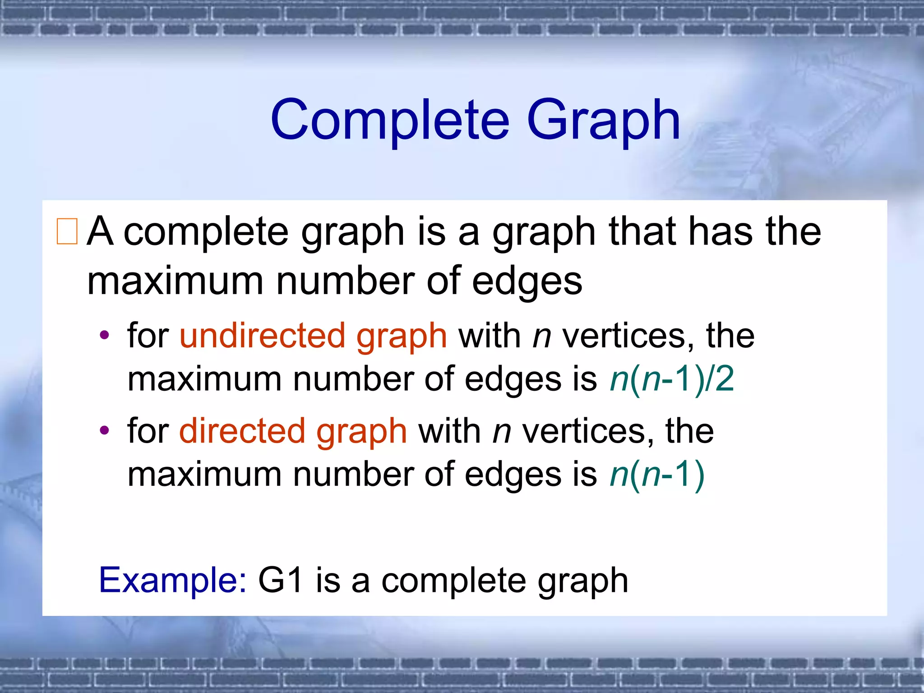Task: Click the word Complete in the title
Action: coord(390,120)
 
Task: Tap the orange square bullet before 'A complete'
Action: coord(67,231)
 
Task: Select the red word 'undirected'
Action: coord(262,336)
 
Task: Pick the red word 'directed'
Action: coord(242,431)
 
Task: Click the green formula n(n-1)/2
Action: coord(672,379)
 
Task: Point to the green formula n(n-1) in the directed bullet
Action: coord(657,475)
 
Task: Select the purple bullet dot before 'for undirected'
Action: coord(105,335)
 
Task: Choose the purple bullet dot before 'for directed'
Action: coord(105,430)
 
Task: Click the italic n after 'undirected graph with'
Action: coord(542,337)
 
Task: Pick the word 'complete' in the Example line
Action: coord(453,581)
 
